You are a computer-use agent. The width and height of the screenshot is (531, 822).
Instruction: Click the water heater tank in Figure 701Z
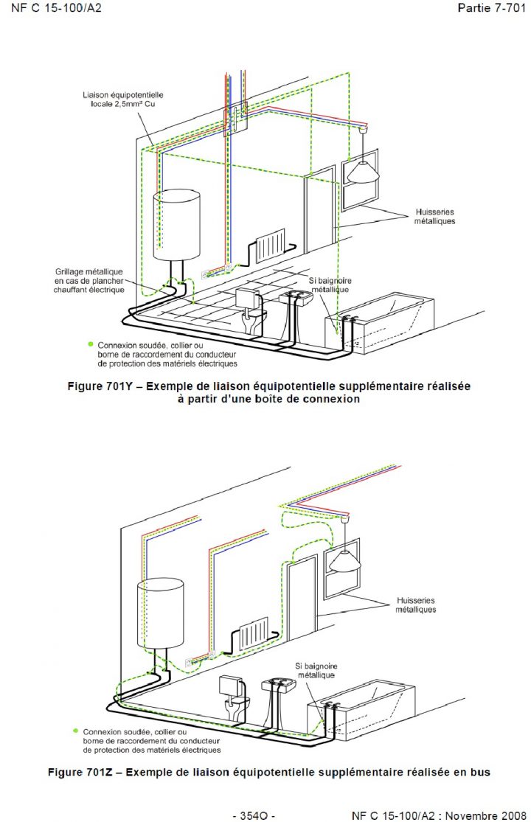pos(159,611)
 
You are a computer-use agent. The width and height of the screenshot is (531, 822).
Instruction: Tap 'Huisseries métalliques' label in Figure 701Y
pos(434,217)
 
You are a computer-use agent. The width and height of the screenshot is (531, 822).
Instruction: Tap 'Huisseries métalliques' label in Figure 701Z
pos(415,605)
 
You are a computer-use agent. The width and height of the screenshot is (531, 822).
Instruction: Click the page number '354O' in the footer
pos(254,815)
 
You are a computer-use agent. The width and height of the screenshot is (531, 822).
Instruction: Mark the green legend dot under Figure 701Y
pos(91,344)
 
